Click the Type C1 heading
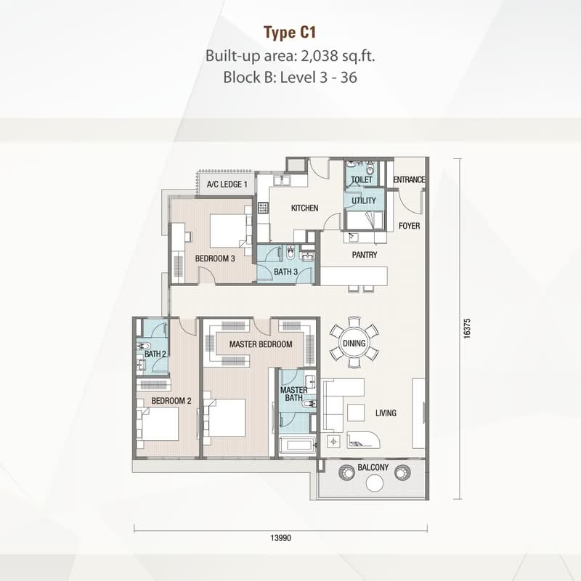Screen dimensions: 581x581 (x=290, y=33)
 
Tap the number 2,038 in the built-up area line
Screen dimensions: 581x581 (x=320, y=56)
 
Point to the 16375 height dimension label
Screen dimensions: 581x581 (x=467, y=328)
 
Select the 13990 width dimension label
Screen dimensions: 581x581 (x=281, y=537)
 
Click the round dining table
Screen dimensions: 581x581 (x=354, y=343)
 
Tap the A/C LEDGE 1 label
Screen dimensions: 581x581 (x=227, y=184)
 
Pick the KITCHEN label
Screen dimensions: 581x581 (x=304, y=208)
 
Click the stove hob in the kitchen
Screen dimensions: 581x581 (x=263, y=208)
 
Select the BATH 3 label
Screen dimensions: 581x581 (x=285, y=272)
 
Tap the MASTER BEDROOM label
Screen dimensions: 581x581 (x=261, y=344)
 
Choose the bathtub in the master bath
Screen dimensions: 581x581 (x=297, y=444)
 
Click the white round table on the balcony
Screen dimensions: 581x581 (x=375, y=483)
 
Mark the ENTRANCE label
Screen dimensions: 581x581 (x=409, y=179)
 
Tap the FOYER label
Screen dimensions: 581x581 (x=409, y=226)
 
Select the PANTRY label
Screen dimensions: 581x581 (x=365, y=255)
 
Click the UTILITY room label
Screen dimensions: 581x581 (x=364, y=200)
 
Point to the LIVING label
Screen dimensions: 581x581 (x=386, y=413)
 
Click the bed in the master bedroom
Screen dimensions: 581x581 (x=224, y=418)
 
